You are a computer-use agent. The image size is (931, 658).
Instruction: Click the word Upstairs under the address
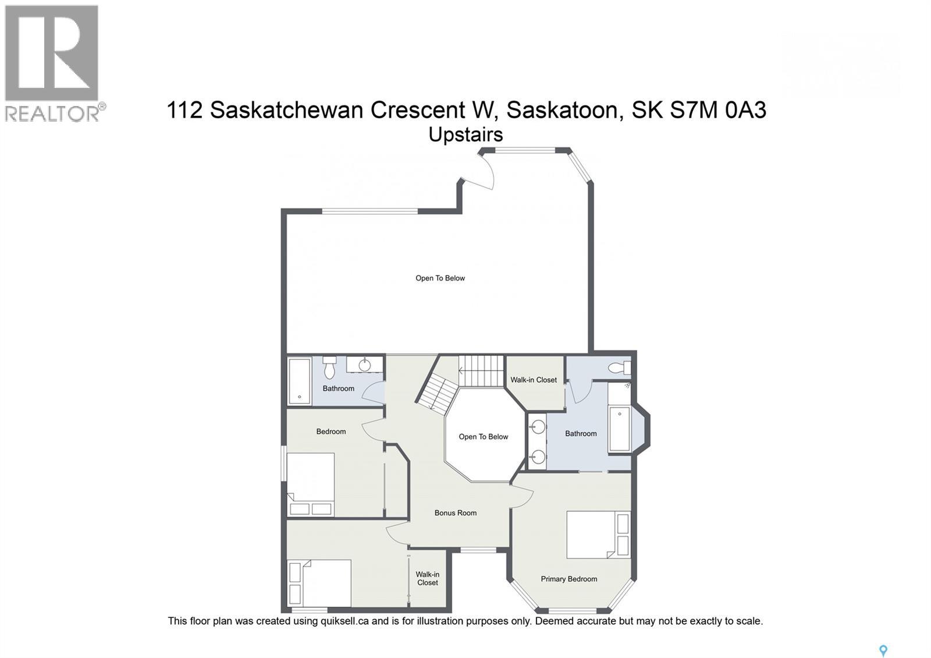click(x=465, y=135)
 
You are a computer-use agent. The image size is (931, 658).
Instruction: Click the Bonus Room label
click(x=455, y=513)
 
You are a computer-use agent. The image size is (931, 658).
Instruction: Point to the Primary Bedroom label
click(x=568, y=579)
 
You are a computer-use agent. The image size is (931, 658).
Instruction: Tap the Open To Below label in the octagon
click(x=483, y=437)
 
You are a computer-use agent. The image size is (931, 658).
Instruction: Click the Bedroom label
click(x=331, y=431)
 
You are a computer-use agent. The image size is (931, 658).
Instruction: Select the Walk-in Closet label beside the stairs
click(x=534, y=380)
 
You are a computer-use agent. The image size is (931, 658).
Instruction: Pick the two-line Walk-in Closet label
click(x=427, y=578)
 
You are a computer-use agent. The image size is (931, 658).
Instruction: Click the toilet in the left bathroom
click(x=329, y=367)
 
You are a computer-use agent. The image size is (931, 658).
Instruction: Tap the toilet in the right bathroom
click(x=619, y=368)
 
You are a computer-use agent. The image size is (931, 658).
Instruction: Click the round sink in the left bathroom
click(x=365, y=365)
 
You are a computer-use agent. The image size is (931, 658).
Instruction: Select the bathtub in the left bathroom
click(x=300, y=381)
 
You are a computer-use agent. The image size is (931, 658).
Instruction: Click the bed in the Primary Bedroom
click(x=598, y=535)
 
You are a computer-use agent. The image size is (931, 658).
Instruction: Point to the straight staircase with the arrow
click(x=481, y=370)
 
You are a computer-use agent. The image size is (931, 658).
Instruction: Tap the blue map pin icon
click(x=883, y=650)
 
